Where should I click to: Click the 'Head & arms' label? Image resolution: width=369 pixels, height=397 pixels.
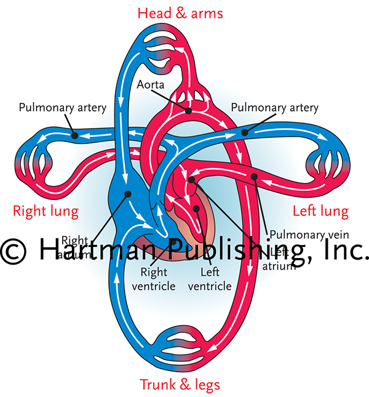tap(180, 13)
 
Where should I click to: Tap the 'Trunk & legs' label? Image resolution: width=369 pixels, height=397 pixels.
tap(180, 385)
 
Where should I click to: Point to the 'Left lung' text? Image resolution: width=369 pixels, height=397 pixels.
tap(320, 212)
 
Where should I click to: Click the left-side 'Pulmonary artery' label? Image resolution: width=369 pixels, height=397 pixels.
tap(62, 108)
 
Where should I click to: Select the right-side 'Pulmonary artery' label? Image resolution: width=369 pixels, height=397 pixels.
tap(274, 108)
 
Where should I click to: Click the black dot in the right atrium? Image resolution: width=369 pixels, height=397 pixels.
tap(128, 193)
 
